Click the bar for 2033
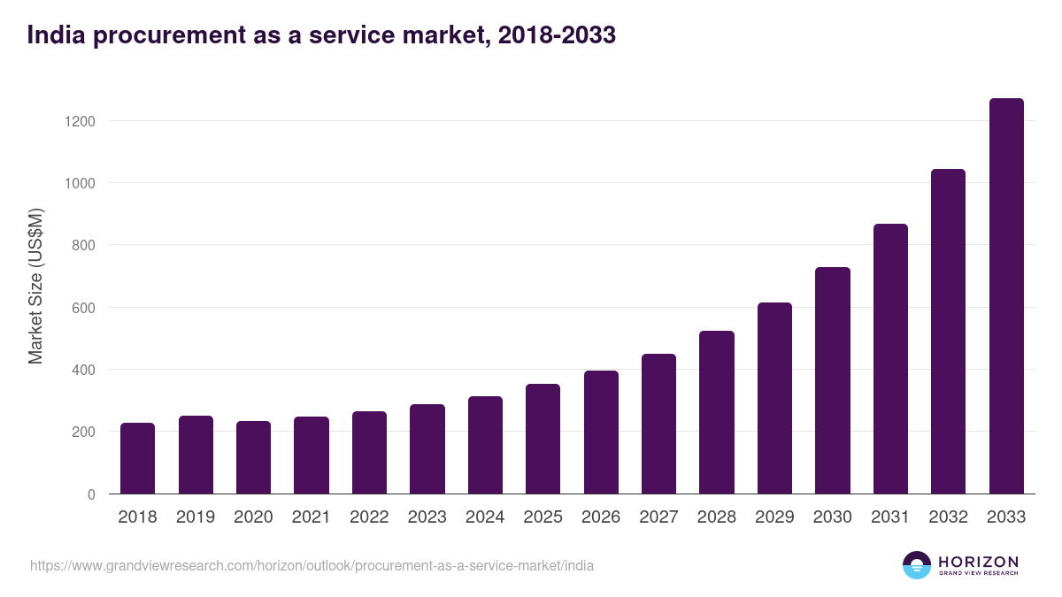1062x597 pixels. coord(1006,296)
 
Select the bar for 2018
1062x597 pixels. coord(137,458)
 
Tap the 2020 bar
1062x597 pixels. coord(253,457)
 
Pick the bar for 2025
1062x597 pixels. coord(543,439)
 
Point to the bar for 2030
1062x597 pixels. coord(832,380)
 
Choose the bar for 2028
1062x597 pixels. coord(716,412)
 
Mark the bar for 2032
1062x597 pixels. coord(948,332)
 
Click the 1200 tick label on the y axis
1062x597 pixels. coord(80,121)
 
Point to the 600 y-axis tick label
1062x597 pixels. coord(83,308)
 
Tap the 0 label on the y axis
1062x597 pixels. coord(91,494)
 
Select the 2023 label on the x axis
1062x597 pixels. coord(427,517)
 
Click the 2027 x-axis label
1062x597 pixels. coord(658,517)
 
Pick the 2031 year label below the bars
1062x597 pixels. coord(890,517)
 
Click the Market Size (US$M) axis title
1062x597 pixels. coord(35,286)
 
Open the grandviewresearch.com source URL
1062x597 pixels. coord(312,565)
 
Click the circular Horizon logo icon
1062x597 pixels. coord(917,565)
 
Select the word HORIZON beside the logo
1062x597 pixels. coord(978,561)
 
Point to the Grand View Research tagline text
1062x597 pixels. coord(978,573)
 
